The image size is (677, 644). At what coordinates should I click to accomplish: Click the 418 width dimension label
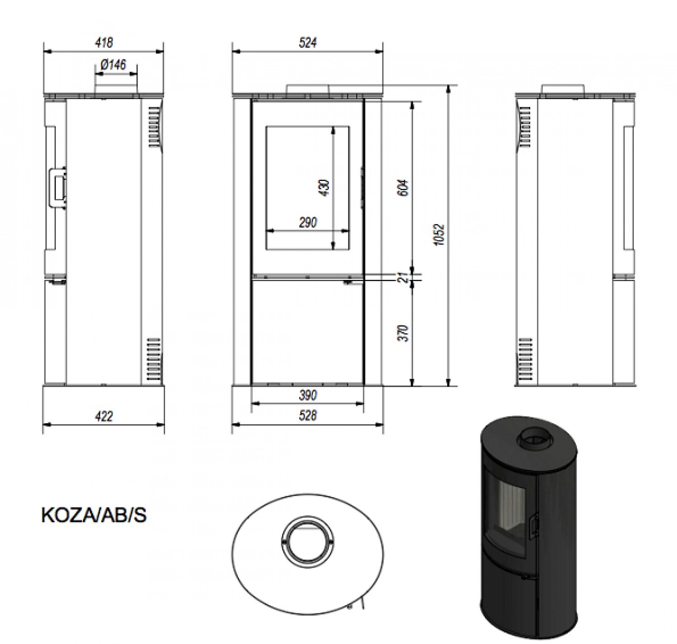[104, 43]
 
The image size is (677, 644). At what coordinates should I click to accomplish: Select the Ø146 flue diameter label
[113, 65]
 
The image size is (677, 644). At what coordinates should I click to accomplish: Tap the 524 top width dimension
[307, 43]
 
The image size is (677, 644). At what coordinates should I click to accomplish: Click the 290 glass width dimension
[307, 222]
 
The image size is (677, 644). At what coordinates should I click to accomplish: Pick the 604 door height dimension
[404, 188]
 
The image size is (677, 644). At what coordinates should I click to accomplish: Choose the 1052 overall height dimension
[440, 235]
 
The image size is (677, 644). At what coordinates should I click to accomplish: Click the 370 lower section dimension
[404, 333]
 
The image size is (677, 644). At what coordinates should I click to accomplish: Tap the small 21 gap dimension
[404, 277]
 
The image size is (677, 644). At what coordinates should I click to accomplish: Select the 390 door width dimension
[307, 395]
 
